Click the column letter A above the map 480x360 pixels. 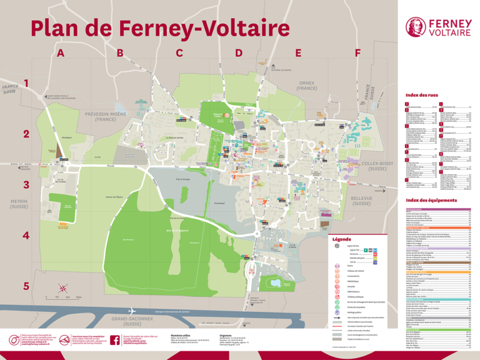coord(61,54)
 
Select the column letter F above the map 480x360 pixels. coord(357,54)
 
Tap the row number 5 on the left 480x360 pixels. coord(26,286)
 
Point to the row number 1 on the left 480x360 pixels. coord(26,83)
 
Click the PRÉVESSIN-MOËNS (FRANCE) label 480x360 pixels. coord(104,116)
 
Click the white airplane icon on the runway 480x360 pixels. coord(132,311)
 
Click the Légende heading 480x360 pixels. coord(342,239)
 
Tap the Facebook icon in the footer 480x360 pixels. coord(115,340)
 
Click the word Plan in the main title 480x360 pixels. coord(57,28)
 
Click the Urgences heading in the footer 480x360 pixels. coord(226,335)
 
